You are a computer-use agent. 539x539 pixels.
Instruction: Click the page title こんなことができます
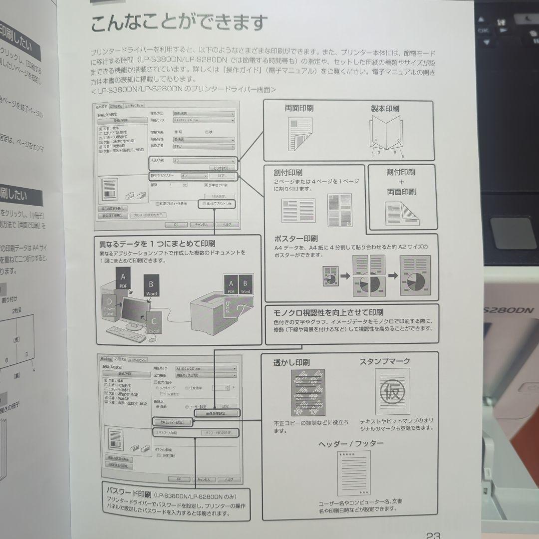(x=179, y=23)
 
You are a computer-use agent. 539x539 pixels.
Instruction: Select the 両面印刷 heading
(x=299, y=108)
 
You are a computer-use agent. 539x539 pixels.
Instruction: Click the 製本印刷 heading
(x=384, y=108)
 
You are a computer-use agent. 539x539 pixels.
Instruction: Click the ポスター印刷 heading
(x=296, y=239)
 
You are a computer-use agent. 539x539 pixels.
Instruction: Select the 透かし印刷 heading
(x=291, y=363)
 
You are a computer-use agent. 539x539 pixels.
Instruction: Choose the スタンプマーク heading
(x=385, y=361)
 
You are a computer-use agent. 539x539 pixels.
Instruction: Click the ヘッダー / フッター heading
(x=351, y=443)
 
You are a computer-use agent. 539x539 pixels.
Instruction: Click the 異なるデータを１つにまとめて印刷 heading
(x=157, y=244)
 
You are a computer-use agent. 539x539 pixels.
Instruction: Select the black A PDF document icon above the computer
(x=123, y=279)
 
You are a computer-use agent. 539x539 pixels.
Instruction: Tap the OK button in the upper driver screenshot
(x=176, y=225)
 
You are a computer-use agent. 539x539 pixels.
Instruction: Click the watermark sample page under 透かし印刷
(x=307, y=393)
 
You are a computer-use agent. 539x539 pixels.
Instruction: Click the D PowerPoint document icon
(x=110, y=306)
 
